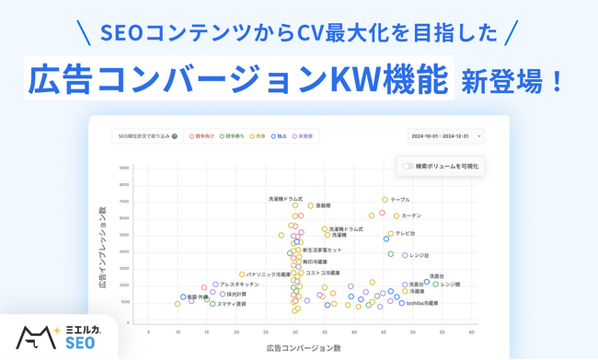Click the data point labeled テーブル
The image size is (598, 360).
pos(385,200)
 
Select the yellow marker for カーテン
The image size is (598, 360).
pos(397,216)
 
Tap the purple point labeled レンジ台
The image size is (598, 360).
pos(405,255)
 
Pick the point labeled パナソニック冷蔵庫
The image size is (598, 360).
pos(242,274)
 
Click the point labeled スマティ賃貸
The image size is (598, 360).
pos(213,304)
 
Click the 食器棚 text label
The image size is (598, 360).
pos(322,205)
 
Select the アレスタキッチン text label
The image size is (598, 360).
pos(239,285)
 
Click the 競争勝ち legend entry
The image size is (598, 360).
pos(231,136)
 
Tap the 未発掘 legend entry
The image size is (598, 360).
pos(305,136)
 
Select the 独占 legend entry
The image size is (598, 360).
pos(280,136)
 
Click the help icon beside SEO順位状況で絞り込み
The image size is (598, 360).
pos(175,136)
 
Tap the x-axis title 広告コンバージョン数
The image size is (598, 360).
pos(303,348)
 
